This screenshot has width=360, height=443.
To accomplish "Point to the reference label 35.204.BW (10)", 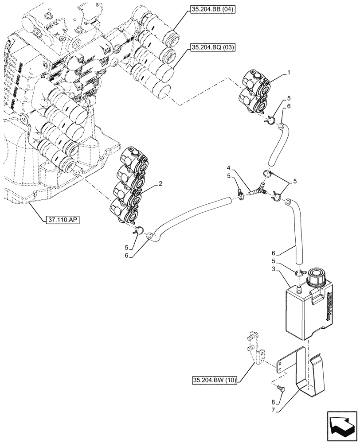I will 217,380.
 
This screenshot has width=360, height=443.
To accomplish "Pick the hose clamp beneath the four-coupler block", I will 138,230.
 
